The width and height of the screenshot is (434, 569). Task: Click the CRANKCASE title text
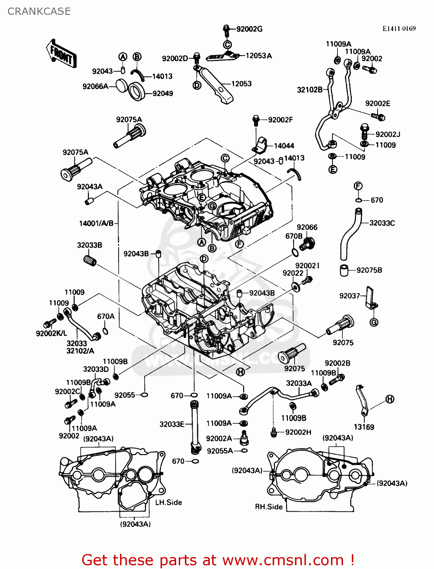point(39,11)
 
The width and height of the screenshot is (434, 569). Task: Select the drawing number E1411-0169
point(399,28)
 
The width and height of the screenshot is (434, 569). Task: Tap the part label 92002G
point(249,29)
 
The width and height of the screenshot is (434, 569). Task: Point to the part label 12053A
point(259,56)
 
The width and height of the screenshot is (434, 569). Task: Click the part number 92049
point(162,93)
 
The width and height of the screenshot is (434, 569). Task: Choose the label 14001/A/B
point(96,223)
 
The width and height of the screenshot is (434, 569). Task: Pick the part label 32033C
point(382,223)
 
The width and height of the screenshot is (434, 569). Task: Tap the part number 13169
point(364,427)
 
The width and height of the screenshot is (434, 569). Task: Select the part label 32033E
point(172,424)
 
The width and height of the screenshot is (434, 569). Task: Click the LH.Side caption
point(169,502)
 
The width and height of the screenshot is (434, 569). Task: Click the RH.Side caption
point(269,507)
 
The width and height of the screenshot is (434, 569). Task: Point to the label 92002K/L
point(51,333)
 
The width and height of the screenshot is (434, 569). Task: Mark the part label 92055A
point(220,451)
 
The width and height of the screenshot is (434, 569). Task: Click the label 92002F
point(280,120)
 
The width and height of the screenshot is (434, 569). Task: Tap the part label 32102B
point(309,90)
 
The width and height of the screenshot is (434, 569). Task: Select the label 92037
point(349,296)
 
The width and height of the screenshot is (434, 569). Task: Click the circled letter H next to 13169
point(390,399)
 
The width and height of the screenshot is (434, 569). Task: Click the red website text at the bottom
point(218,560)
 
